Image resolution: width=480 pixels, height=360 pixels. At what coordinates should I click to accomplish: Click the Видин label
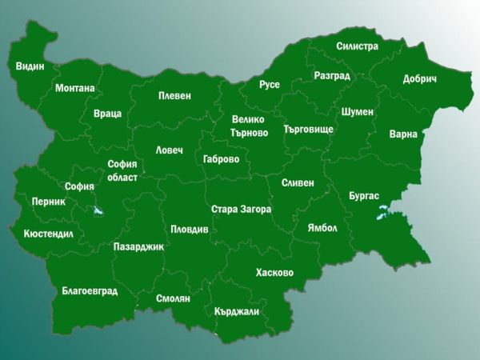tap(30, 66)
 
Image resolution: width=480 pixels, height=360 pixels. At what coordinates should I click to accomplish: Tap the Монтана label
tap(74, 88)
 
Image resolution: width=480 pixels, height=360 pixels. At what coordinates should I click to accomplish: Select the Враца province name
tap(107, 114)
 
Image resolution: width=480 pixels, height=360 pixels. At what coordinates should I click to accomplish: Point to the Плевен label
tap(174, 96)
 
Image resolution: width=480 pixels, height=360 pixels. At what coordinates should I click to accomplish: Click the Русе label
tap(270, 85)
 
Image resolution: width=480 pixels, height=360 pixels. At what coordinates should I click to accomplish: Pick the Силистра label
tap(357, 46)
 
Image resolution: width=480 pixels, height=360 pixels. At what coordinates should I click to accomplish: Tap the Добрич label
tap(419, 80)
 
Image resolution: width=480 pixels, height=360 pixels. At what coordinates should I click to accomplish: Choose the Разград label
tap(332, 76)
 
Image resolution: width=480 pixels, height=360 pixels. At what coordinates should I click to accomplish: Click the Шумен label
tap(357, 112)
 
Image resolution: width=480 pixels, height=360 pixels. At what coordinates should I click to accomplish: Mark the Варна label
tap(403, 134)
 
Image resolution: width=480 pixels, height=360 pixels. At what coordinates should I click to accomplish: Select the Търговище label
tap(308, 129)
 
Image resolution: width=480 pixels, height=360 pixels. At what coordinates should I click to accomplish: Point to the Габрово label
tap(222, 159)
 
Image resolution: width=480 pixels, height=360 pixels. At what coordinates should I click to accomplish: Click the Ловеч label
tap(170, 150)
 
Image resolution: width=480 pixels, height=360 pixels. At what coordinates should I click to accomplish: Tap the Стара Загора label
tap(241, 210)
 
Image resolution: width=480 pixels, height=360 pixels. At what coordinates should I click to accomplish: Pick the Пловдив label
tap(189, 230)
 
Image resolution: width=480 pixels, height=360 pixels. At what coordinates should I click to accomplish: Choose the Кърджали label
tap(237, 312)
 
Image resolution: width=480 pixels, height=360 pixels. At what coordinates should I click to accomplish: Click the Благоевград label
tap(90, 291)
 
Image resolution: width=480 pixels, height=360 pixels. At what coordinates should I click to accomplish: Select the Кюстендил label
tap(48, 234)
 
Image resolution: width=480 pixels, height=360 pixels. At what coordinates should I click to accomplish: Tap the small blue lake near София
tap(98, 212)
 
